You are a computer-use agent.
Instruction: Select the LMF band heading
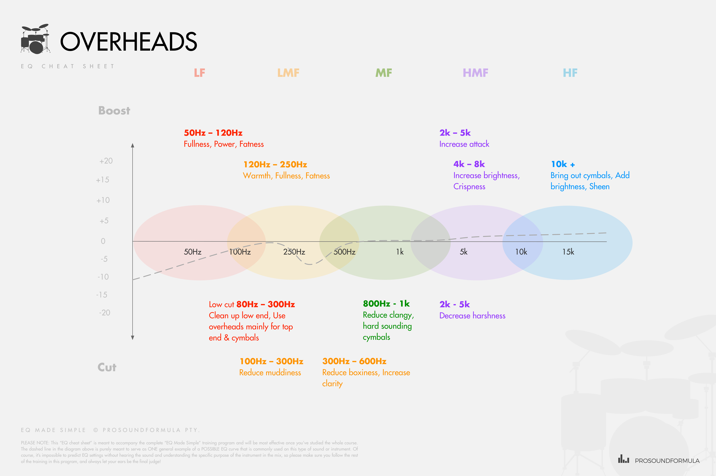click(288, 73)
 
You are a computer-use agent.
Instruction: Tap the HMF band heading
click(475, 73)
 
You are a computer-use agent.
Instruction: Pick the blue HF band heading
click(570, 73)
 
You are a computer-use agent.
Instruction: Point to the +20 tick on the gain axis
click(106, 161)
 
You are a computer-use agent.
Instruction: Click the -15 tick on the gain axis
click(102, 295)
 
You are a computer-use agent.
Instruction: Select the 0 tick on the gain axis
click(103, 241)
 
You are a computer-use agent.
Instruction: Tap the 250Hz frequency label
click(294, 252)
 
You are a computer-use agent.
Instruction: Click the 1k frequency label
click(400, 252)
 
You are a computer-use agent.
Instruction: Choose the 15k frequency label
click(568, 252)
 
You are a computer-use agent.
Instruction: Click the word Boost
click(114, 111)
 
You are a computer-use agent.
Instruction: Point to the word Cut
click(107, 367)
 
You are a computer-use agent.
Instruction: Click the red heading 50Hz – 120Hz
click(213, 133)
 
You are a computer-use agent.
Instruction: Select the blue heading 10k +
click(563, 164)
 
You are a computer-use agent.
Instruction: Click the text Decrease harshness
click(472, 316)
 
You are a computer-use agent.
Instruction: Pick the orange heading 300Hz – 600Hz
click(354, 361)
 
